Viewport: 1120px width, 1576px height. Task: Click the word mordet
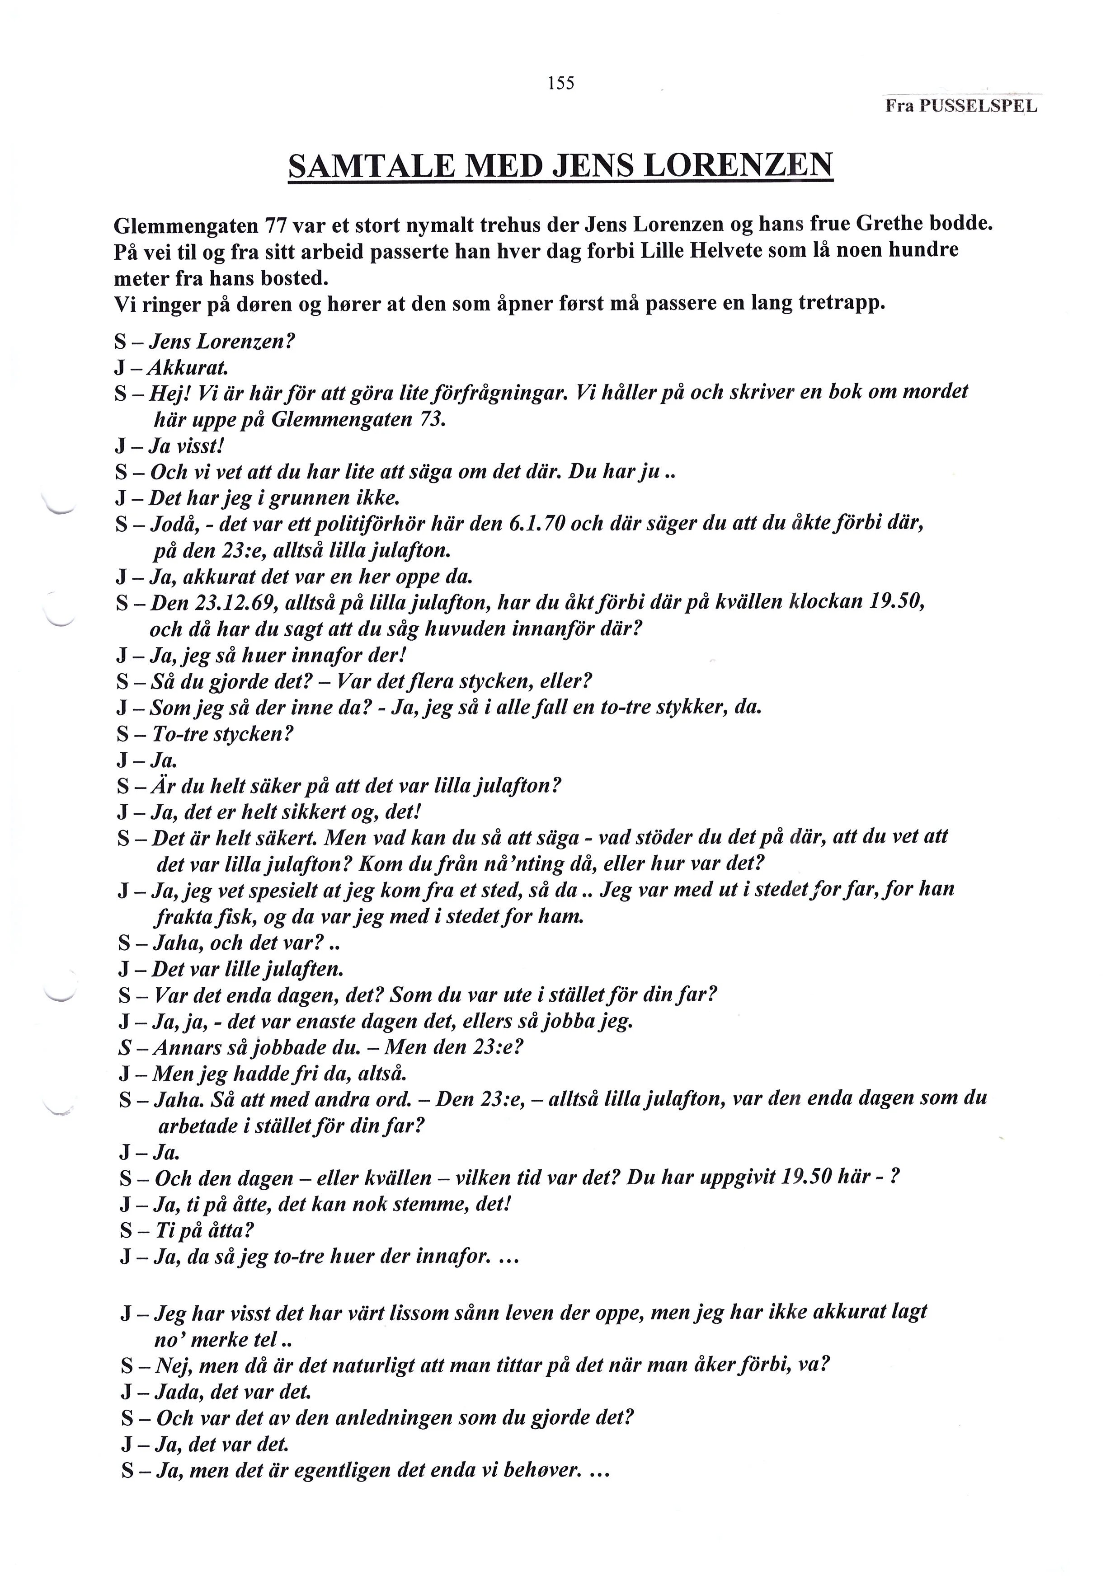(x=936, y=392)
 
